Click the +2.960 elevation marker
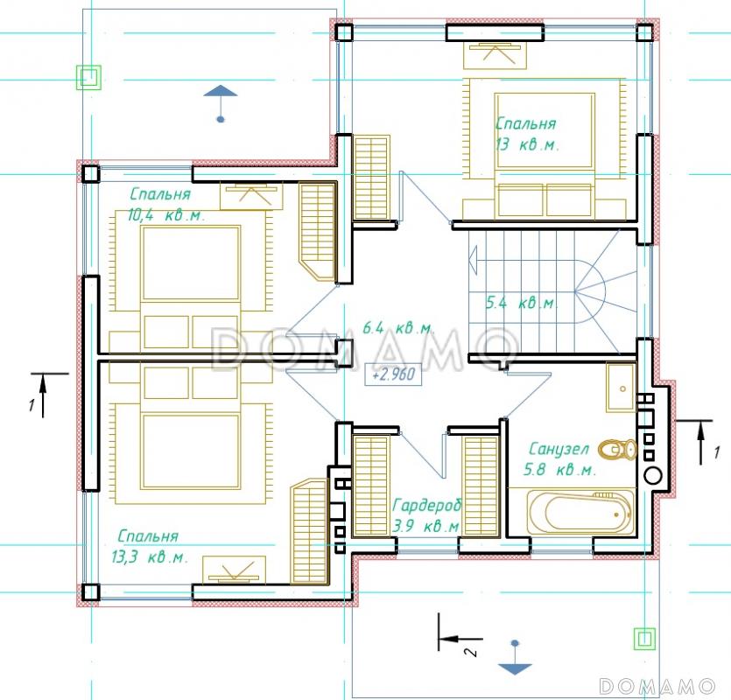394,374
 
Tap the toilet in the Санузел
617,450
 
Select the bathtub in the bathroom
581,513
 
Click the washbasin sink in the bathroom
621,388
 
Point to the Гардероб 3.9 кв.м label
426,515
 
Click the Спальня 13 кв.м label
526,134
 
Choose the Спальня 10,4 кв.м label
166,204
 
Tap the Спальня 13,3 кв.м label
149,546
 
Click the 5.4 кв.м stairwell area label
521,303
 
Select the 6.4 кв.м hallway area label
398,327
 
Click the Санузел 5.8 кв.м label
559,459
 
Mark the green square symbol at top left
88,76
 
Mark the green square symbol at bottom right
644,639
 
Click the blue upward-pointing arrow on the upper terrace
221,103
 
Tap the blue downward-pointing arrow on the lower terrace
515,658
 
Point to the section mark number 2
471,651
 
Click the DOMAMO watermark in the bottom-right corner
657,686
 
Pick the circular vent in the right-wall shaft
653,475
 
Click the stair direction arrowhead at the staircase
474,260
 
